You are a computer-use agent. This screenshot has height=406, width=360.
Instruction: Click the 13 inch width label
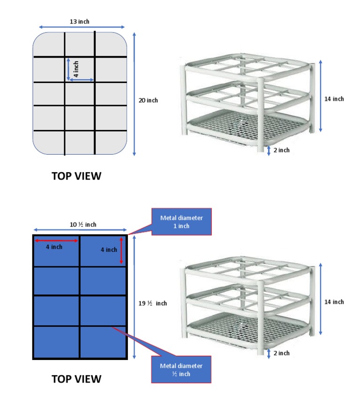coord(80,21)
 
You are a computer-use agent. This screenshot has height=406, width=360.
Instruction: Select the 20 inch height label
coord(149,100)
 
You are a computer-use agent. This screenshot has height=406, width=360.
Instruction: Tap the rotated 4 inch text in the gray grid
coord(76,69)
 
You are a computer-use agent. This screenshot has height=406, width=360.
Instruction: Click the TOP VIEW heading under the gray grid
coord(76,176)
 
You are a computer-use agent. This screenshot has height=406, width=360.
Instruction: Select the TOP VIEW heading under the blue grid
coord(76,379)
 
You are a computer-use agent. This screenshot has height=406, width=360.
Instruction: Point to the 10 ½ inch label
coord(83,225)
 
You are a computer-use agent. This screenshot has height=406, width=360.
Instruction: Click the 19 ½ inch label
coord(154,303)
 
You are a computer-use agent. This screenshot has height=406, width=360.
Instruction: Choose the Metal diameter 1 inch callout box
coord(181,222)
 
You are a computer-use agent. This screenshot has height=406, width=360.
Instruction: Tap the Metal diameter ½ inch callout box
coord(181,369)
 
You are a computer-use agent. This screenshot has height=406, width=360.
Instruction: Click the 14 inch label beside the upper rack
coord(334,99)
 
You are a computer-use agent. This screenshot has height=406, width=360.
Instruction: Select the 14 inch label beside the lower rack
coord(334,302)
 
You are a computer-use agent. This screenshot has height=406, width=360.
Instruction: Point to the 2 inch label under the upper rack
coord(281,150)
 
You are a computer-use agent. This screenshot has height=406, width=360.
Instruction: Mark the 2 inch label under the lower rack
coord(281,353)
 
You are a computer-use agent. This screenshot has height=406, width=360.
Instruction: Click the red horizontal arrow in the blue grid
coord(56,241)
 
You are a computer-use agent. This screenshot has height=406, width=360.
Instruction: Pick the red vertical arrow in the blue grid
coord(121,250)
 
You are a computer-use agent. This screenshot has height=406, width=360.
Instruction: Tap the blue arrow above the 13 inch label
coord(82,27)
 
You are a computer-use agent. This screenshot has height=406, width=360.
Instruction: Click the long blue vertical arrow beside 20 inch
coord(135,94)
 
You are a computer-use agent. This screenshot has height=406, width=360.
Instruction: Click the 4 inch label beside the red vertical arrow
coord(109,250)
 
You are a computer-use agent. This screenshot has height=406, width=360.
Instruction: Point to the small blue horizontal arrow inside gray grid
coord(82,80)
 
